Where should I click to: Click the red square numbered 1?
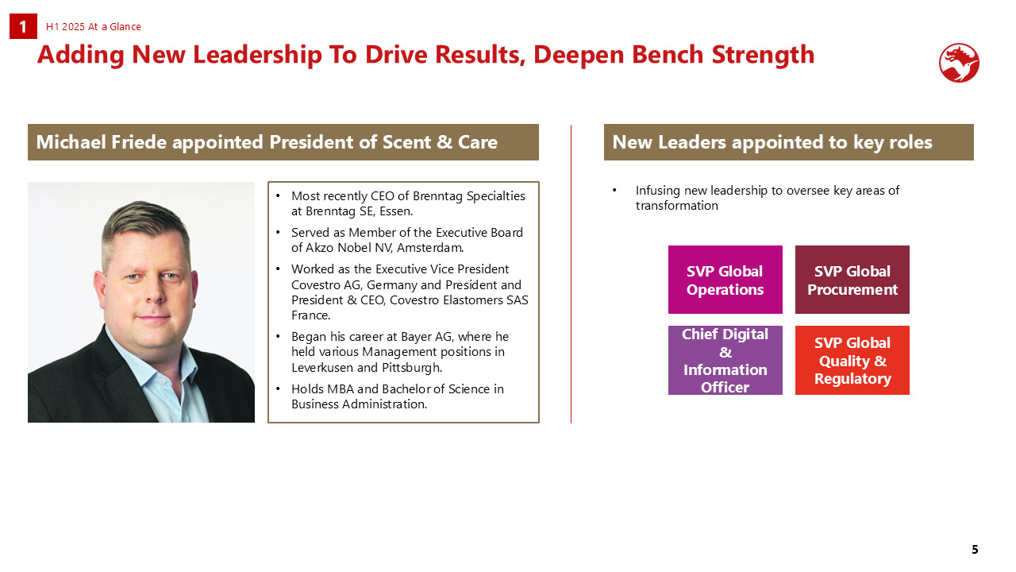coord(23,26)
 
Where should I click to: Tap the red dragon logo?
coord(959,63)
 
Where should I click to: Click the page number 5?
coord(975,550)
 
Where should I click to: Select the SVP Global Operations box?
coord(725,280)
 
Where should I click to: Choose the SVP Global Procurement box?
coord(852,280)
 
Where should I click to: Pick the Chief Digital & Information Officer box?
coord(725,360)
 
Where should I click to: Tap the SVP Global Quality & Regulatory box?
coord(852,360)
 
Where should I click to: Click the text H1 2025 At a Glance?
coord(94,27)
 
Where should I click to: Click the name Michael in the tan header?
coord(71,142)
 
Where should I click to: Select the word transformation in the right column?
coord(677,206)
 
